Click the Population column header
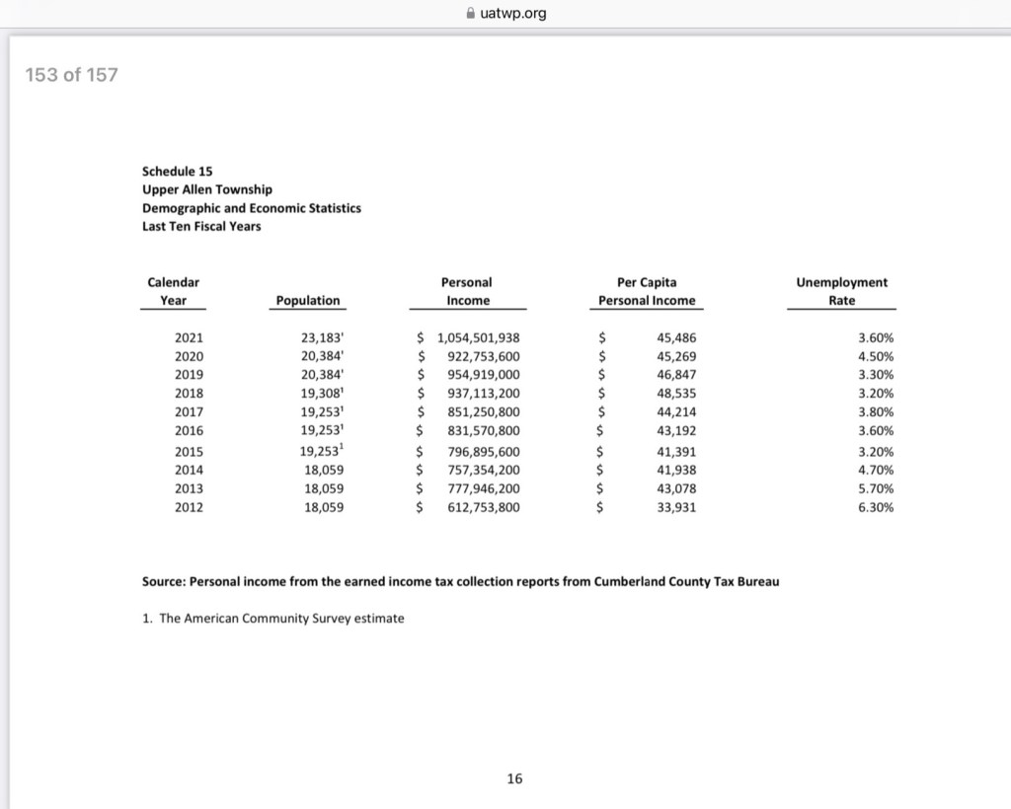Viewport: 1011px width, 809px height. pyautogui.click(x=307, y=300)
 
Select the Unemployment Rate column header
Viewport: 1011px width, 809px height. pyautogui.click(x=841, y=291)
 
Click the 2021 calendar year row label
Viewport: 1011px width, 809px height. pyautogui.click(x=189, y=337)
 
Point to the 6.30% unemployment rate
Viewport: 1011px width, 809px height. pyautogui.click(x=877, y=508)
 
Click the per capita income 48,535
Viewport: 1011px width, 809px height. pyautogui.click(x=676, y=394)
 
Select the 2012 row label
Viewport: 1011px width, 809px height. pyautogui.click(x=189, y=508)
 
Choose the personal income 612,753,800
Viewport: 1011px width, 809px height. pyautogui.click(x=484, y=508)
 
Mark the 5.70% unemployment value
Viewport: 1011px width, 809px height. pyautogui.click(x=877, y=488)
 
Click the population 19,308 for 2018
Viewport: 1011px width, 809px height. pyautogui.click(x=322, y=394)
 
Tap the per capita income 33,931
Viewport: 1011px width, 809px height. pyautogui.click(x=676, y=508)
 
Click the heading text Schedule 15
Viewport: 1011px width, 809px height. pyautogui.click(x=177, y=171)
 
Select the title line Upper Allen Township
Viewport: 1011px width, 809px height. pyautogui.click(x=207, y=189)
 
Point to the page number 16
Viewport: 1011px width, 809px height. pyautogui.click(x=514, y=779)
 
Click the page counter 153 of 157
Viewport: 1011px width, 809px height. pyautogui.click(x=71, y=75)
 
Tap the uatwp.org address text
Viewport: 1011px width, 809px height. pyautogui.click(x=512, y=13)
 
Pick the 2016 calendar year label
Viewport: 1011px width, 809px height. pyautogui.click(x=189, y=431)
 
